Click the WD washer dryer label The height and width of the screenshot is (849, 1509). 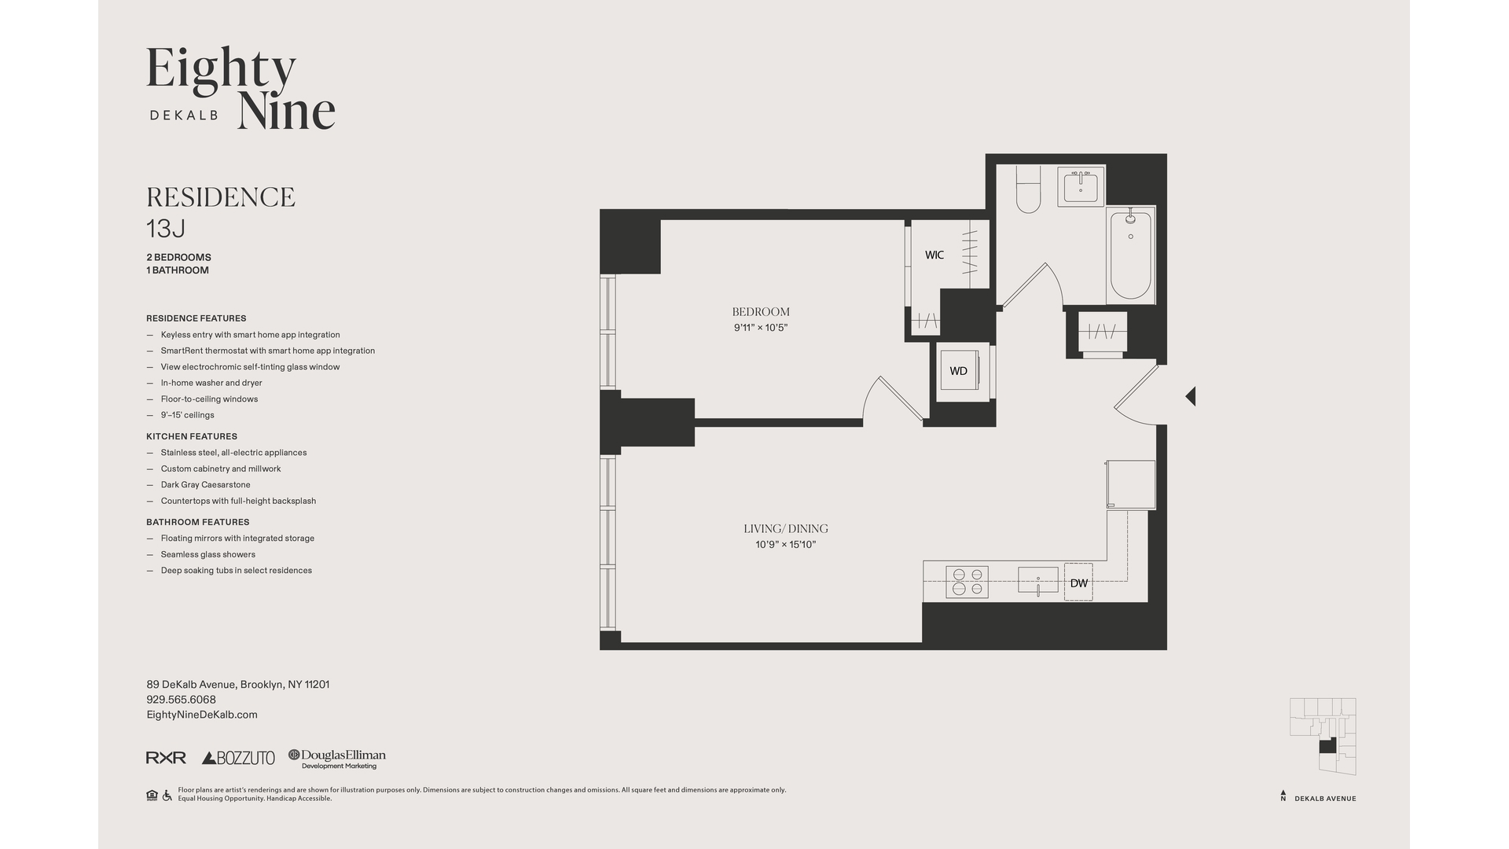pyautogui.click(x=958, y=371)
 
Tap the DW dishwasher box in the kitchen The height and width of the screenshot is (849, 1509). pyautogui.click(x=1078, y=583)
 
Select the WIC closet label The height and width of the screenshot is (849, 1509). pyautogui.click(x=934, y=255)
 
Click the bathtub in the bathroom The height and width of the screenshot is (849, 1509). pyautogui.click(x=1130, y=255)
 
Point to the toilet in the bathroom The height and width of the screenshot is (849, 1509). pyautogui.click(x=1028, y=192)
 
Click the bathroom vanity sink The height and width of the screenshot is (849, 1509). pyautogui.click(x=1081, y=187)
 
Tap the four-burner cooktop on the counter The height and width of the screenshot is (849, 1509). pyautogui.click(x=967, y=582)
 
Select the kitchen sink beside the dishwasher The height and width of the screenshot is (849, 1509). pyautogui.click(x=1037, y=580)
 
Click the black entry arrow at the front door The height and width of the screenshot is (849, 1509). pyautogui.click(x=1191, y=396)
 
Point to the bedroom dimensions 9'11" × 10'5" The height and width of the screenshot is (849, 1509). pyautogui.click(x=760, y=328)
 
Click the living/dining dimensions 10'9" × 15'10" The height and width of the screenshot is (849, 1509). pyautogui.click(x=785, y=545)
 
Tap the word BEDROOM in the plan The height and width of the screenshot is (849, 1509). pyautogui.click(x=760, y=312)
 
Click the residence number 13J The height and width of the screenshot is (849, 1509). pyautogui.click(x=166, y=229)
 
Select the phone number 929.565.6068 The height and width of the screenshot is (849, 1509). pyautogui.click(x=181, y=700)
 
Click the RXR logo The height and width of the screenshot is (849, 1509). pyautogui.click(x=166, y=758)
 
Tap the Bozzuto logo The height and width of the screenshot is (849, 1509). pyautogui.click(x=238, y=758)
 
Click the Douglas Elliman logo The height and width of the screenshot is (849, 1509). pyautogui.click(x=337, y=758)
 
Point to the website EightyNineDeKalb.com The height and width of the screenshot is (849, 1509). pyautogui.click(x=202, y=715)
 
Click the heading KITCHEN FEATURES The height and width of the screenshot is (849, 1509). pyautogui.click(x=191, y=436)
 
